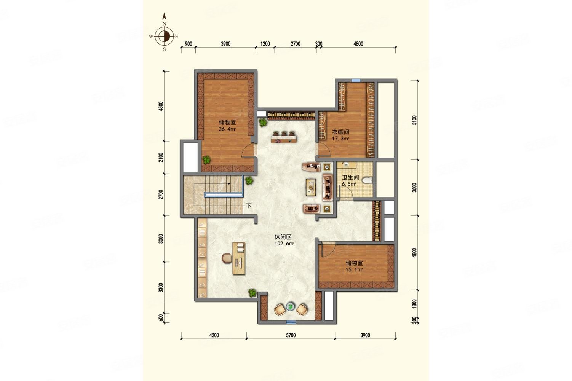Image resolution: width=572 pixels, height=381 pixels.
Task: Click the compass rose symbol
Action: (x=164, y=36)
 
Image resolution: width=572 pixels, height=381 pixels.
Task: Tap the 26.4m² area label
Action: (x=227, y=129)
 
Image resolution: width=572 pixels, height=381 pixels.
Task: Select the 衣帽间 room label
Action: (x=340, y=132)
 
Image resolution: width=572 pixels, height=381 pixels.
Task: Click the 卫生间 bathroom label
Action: (x=350, y=178)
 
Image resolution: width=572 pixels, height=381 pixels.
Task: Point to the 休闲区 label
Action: (x=283, y=237)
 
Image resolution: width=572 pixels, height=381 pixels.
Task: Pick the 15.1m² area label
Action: (x=354, y=269)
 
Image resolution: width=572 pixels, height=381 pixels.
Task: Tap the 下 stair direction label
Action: (x=249, y=206)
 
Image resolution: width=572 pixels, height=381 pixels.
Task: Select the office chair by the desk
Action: (x=227, y=258)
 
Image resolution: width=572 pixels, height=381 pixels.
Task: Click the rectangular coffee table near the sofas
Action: (x=311, y=187)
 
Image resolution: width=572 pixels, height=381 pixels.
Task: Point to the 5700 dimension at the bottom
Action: (x=291, y=335)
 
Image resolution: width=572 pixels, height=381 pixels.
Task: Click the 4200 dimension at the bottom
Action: (x=214, y=335)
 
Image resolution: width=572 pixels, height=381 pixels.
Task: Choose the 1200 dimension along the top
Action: (x=265, y=44)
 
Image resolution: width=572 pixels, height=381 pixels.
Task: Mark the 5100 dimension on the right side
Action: (x=414, y=120)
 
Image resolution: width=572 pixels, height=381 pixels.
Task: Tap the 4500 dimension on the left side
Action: (x=161, y=106)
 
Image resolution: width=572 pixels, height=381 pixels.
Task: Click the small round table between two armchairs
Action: (x=290, y=307)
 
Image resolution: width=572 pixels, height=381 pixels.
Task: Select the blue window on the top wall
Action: (x=356, y=80)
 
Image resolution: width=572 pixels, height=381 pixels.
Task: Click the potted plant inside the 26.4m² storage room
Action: (x=206, y=160)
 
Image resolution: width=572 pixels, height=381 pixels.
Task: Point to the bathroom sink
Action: (x=345, y=164)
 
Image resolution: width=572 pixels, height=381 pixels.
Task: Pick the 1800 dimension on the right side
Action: (x=414, y=304)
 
